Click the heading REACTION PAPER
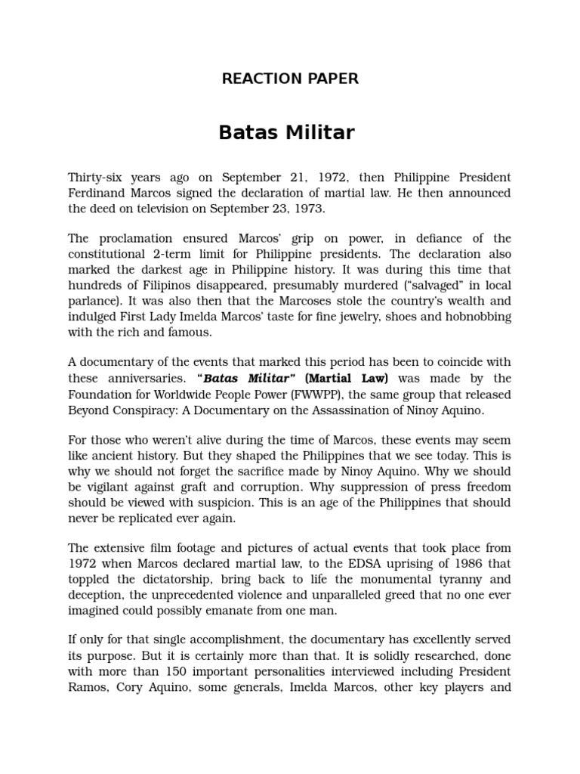[x=290, y=79]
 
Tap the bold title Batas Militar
[x=286, y=133]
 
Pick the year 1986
[x=456, y=564]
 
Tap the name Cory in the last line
[x=130, y=688]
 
